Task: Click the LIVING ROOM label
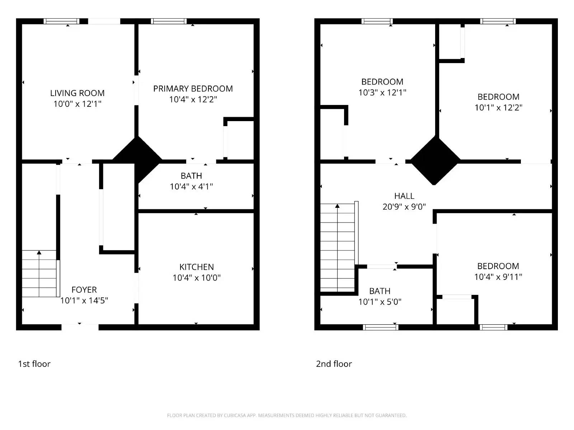pyautogui.click(x=77, y=93)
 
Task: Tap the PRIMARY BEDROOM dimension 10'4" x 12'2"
pyautogui.click(x=193, y=99)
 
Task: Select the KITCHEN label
pyautogui.click(x=197, y=267)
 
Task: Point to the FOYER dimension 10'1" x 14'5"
pyautogui.click(x=84, y=300)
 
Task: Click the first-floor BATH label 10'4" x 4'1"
pyautogui.click(x=191, y=176)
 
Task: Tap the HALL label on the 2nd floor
pyautogui.click(x=404, y=196)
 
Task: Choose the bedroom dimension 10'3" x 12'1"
pyautogui.click(x=382, y=92)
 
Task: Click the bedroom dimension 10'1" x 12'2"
pyautogui.click(x=498, y=107)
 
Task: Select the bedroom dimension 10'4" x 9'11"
pyautogui.click(x=498, y=277)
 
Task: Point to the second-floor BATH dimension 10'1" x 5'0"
pyautogui.click(x=380, y=302)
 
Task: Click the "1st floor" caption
pyautogui.click(x=34, y=364)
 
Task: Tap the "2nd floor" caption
pyautogui.click(x=334, y=364)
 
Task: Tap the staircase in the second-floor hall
pyautogui.click(x=337, y=247)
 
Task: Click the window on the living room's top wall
pyautogui.click(x=61, y=21)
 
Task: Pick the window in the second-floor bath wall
pyautogui.click(x=380, y=327)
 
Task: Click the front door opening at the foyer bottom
pyautogui.click(x=80, y=327)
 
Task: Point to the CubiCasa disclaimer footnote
pyautogui.click(x=287, y=415)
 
